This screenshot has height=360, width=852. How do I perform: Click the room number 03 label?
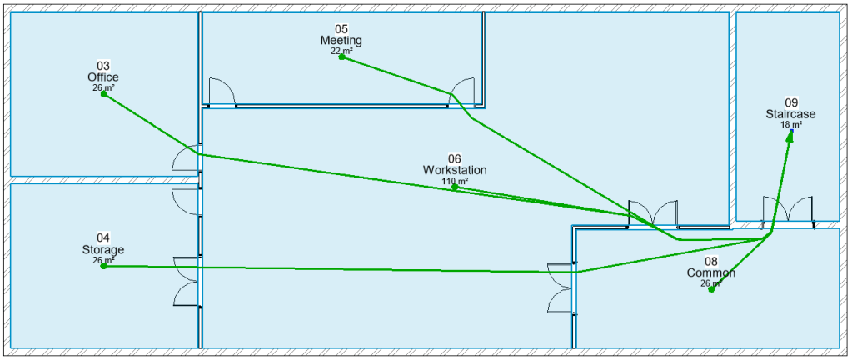[x=103, y=66]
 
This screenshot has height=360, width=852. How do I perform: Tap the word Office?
[x=103, y=77]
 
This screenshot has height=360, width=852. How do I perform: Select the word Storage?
[x=103, y=250]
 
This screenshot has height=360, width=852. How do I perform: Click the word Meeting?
[x=341, y=41]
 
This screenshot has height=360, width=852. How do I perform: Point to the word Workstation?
[x=455, y=170]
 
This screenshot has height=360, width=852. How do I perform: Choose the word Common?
[x=711, y=273]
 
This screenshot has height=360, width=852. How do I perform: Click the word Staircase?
[x=790, y=114]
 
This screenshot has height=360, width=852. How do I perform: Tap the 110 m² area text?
[x=455, y=180]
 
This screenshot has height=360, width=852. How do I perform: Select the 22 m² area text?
[x=341, y=50]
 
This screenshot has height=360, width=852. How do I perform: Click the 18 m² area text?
[x=790, y=124]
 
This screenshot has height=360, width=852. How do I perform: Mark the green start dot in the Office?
[x=104, y=94]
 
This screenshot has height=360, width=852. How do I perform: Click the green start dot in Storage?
[x=103, y=266]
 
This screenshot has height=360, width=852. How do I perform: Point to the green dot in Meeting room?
[x=341, y=57]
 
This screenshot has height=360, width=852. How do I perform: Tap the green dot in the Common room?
[x=711, y=289]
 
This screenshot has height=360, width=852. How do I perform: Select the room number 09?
[x=790, y=103]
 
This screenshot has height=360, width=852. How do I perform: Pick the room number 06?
[x=455, y=158]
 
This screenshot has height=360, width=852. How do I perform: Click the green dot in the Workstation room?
[x=455, y=187]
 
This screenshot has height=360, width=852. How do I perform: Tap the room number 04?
[x=103, y=238]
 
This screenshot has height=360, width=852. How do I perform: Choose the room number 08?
[x=711, y=262]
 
